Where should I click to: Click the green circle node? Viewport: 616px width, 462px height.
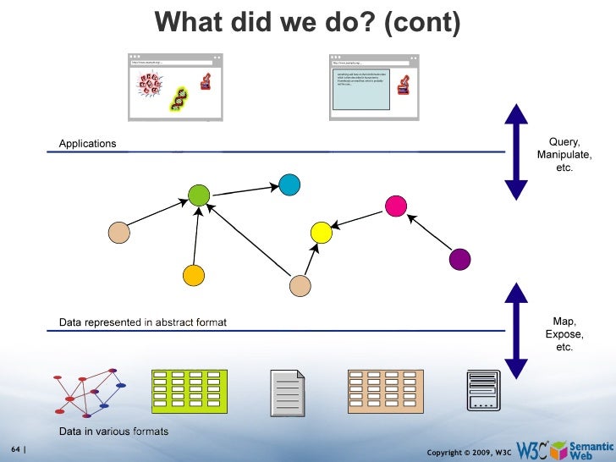point(198,195)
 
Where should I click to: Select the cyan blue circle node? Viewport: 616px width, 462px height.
point(289,184)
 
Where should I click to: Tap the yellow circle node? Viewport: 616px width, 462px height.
point(321,231)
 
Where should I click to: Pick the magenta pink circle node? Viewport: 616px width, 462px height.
point(395,206)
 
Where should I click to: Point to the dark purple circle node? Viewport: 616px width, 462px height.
point(459,258)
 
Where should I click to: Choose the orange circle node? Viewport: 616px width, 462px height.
point(194,275)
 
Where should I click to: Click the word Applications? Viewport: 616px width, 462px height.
point(87,144)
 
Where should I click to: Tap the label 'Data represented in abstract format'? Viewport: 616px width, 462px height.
point(142,322)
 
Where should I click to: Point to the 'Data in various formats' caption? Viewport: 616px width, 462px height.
point(113,432)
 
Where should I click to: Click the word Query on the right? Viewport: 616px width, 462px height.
point(564,142)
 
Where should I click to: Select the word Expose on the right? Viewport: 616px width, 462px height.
point(564,334)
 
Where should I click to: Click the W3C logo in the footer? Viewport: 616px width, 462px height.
point(531,449)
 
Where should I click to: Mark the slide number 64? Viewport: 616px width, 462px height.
point(15,448)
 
